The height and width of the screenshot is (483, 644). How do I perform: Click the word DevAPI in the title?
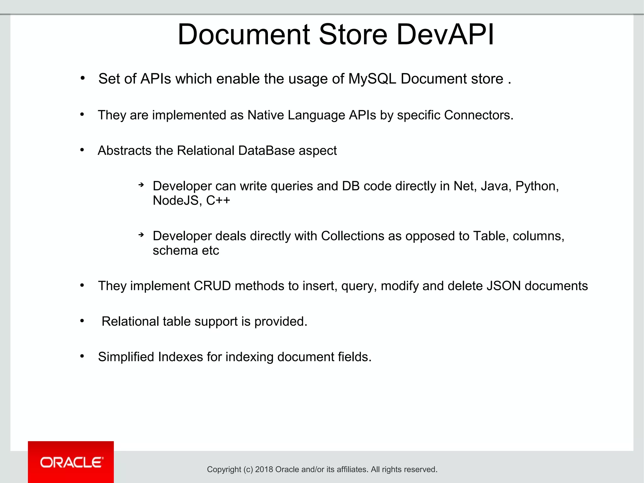(445, 35)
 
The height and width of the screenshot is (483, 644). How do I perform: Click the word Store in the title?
(353, 35)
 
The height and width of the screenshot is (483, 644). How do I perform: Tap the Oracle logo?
(71, 462)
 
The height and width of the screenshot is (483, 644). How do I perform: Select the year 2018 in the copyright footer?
(264, 469)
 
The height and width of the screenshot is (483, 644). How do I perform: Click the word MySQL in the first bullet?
(372, 79)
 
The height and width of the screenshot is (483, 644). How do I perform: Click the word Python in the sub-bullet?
(536, 186)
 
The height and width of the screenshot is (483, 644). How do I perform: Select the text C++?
(218, 200)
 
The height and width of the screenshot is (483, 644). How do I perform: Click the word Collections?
(353, 236)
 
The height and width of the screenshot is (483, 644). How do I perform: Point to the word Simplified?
(126, 357)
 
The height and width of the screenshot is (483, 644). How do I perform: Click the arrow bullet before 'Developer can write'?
(142, 185)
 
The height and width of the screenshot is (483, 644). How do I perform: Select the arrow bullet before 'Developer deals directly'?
(142, 235)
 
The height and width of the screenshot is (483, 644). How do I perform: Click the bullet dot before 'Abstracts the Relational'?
(82, 150)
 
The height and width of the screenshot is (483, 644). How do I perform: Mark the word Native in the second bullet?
(265, 115)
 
